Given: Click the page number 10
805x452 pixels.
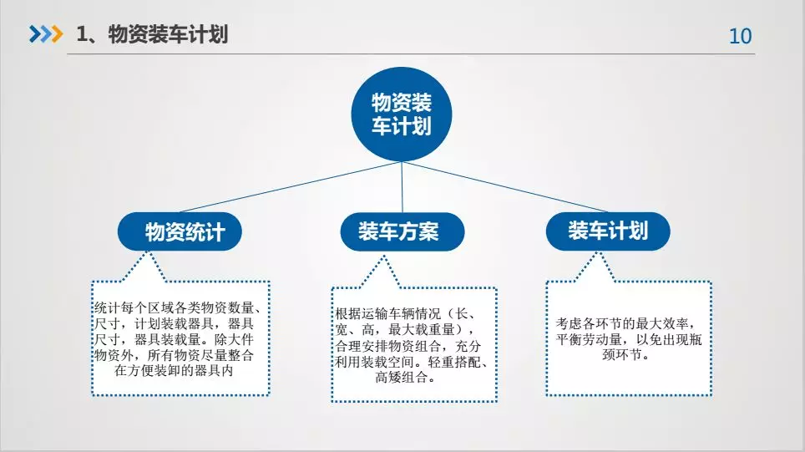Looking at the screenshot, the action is click(x=741, y=36).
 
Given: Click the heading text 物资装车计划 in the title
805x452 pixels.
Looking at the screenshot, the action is click(x=168, y=34).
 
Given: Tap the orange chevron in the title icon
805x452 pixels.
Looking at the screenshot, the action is click(x=57, y=34).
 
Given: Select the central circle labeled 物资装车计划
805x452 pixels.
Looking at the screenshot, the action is click(x=402, y=114).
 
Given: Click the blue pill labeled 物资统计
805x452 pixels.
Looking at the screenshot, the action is click(x=180, y=231).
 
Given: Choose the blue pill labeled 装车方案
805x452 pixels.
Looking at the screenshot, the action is click(x=402, y=231).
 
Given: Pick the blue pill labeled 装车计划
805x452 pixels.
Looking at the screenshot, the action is click(x=608, y=231).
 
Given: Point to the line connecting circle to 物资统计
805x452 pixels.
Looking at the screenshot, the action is click(x=291, y=187).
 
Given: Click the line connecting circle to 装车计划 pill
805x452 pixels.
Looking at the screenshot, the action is click(x=504, y=186).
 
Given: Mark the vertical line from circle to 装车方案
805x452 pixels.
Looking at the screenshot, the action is click(x=402, y=187).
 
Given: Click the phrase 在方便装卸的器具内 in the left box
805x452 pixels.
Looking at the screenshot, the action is click(x=174, y=371).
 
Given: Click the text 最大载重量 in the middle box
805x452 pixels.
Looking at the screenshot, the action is click(x=422, y=330).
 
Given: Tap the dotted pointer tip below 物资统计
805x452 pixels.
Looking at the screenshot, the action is click(x=149, y=252).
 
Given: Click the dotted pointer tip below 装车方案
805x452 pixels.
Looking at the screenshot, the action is click(x=382, y=256).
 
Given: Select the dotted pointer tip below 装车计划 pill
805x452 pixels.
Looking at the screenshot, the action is click(x=597, y=253).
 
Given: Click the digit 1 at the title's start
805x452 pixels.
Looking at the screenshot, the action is click(x=81, y=34).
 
